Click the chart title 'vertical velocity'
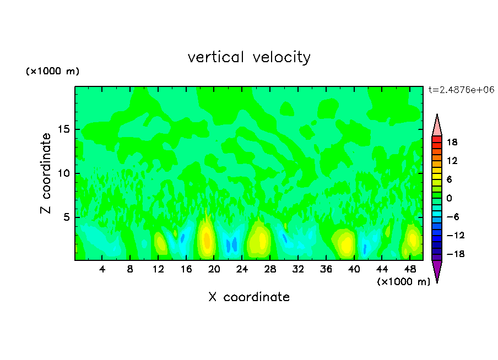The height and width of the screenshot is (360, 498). click(249, 57)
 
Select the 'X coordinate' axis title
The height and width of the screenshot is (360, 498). click(249, 297)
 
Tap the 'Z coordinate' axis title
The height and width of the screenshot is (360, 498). click(46, 173)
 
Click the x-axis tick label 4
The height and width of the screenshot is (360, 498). click(102, 269)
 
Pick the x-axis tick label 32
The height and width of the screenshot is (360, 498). click(298, 269)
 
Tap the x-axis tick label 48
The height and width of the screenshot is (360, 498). click(410, 269)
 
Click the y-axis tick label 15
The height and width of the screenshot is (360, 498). click(64, 129)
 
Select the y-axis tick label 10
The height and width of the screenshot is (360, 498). click(64, 173)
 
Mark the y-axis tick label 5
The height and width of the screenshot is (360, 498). click(67, 217)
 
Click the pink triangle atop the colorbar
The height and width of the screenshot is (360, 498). click(437, 126)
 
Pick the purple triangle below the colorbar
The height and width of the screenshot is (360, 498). click(437, 270)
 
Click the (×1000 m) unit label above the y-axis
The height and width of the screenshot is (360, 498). click(52, 72)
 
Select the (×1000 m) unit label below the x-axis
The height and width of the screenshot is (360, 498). click(403, 282)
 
